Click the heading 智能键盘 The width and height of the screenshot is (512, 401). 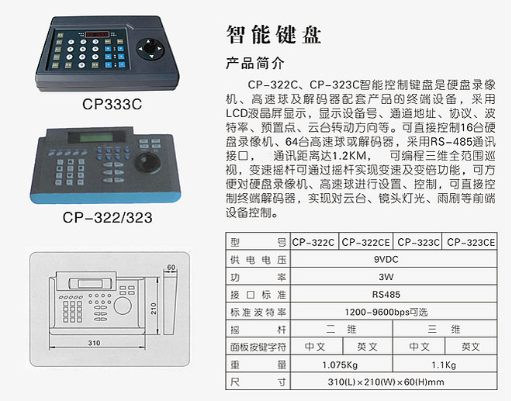(x=274, y=34)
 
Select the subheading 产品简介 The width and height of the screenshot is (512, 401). (x=255, y=63)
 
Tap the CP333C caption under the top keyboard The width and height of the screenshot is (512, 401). (x=112, y=104)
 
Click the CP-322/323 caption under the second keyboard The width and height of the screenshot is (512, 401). (x=107, y=217)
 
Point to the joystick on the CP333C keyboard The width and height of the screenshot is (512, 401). (x=150, y=48)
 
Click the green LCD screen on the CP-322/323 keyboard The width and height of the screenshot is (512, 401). (x=97, y=137)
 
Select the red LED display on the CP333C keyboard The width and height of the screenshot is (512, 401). (x=97, y=33)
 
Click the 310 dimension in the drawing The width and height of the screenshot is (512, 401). (x=94, y=343)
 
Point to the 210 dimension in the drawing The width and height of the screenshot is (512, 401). (x=154, y=308)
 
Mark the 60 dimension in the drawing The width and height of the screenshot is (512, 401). (x=171, y=267)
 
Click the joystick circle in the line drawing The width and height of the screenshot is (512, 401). (x=123, y=306)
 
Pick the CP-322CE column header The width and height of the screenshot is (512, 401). (x=365, y=242)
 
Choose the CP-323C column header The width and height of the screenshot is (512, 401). (x=418, y=242)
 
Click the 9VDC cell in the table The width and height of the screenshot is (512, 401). (x=386, y=260)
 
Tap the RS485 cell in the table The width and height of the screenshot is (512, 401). (x=386, y=295)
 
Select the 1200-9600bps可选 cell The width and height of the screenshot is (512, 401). (x=386, y=312)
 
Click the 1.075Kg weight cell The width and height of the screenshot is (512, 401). (x=340, y=365)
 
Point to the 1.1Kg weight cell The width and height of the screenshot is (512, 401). (x=444, y=365)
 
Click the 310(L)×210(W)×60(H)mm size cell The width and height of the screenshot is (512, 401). (x=386, y=382)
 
